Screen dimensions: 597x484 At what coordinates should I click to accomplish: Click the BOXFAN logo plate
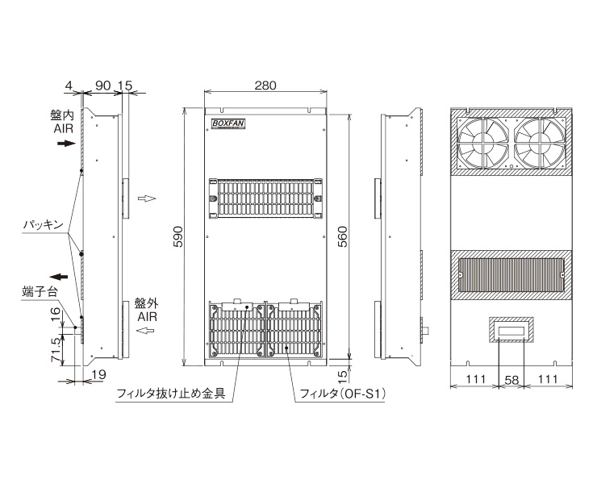pyautogui.click(x=228, y=123)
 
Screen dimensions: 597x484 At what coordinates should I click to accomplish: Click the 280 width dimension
pyautogui.click(x=265, y=86)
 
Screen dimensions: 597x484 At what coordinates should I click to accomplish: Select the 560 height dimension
pyautogui.click(x=343, y=237)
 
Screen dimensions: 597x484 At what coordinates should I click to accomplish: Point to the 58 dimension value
pyautogui.click(x=511, y=380)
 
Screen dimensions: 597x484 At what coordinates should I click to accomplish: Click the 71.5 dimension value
pyautogui.click(x=56, y=349)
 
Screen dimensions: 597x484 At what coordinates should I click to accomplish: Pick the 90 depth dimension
pyautogui.click(x=102, y=86)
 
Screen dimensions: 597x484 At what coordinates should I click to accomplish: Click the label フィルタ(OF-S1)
pyautogui.click(x=342, y=394)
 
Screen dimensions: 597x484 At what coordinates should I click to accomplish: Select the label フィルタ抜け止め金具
pyautogui.click(x=170, y=394)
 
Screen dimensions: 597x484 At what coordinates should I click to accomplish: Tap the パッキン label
pyautogui.click(x=43, y=225)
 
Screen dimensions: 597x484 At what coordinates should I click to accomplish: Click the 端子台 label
pyautogui.click(x=40, y=293)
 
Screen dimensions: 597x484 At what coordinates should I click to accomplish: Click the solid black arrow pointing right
pyautogui.click(x=67, y=144)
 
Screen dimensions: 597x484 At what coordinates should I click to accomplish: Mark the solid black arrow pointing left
pyautogui.click(x=59, y=277)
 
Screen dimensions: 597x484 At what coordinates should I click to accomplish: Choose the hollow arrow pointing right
pyautogui.click(x=147, y=198)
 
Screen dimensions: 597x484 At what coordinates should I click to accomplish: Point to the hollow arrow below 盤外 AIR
pyautogui.click(x=145, y=331)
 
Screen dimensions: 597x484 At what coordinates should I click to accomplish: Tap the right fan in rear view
pyautogui.click(x=540, y=143)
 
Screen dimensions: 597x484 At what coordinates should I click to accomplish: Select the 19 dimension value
pyautogui.click(x=98, y=375)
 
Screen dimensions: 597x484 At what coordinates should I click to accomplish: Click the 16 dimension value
pyautogui.click(x=56, y=315)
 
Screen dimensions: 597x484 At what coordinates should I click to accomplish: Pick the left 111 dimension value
pyautogui.click(x=476, y=379)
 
